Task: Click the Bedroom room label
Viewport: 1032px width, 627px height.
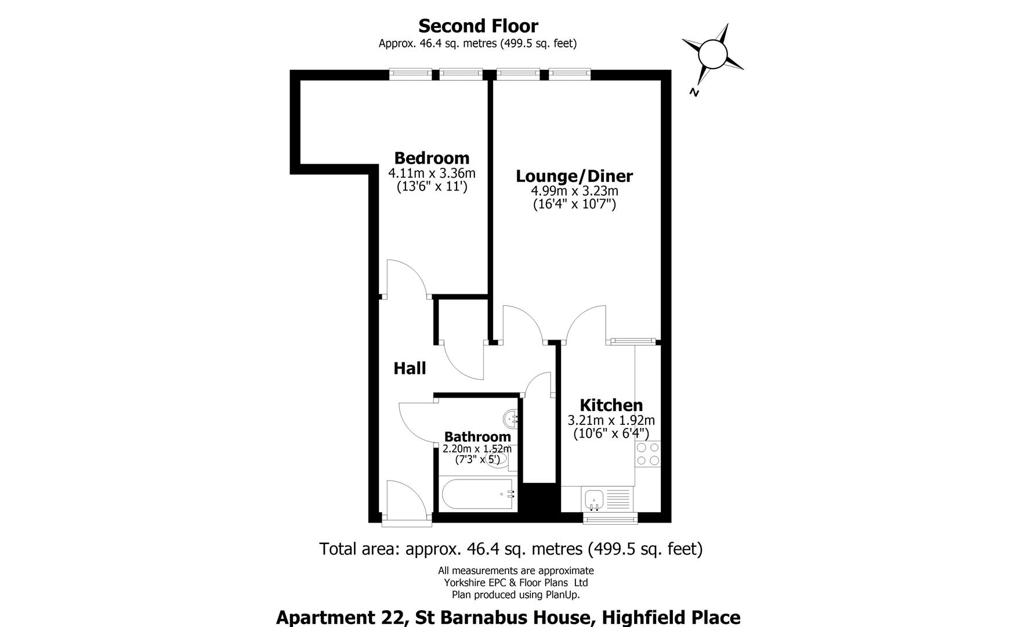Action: (x=432, y=158)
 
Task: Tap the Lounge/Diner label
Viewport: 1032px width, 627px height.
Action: (x=574, y=176)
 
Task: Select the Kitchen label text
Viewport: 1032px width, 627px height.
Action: (x=611, y=405)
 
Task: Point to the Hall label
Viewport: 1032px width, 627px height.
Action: (x=410, y=368)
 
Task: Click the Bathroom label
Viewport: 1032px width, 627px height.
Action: (x=477, y=437)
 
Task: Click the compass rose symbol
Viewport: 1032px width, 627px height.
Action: (x=712, y=55)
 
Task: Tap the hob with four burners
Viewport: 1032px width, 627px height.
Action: (x=648, y=454)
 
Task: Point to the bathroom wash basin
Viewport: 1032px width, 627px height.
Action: (x=511, y=417)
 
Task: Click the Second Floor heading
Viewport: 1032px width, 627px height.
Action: (x=478, y=26)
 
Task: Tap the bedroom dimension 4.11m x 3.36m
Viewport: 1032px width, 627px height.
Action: (x=432, y=173)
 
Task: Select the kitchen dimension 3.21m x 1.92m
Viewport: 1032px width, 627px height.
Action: (x=611, y=420)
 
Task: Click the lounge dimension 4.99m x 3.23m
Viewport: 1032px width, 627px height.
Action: (x=574, y=191)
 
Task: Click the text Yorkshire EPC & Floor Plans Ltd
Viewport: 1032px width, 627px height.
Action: (x=516, y=582)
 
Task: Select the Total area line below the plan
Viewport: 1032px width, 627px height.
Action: (x=510, y=549)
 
